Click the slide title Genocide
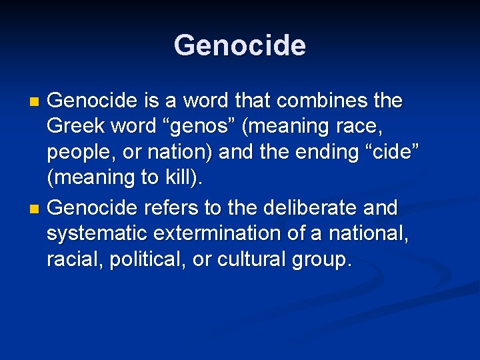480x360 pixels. (x=240, y=46)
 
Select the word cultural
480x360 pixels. (x=254, y=260)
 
